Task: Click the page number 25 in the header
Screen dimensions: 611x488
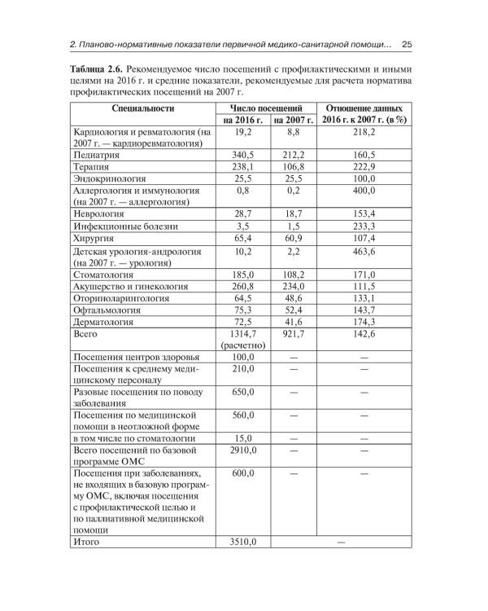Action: coord(408,44)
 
